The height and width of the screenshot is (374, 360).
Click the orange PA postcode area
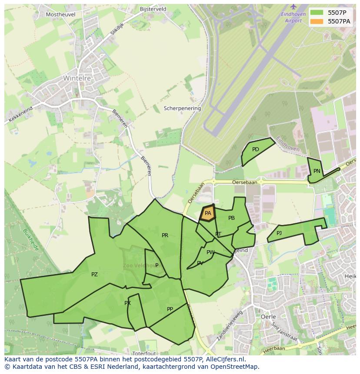pyautogui.click(x=208, y=213)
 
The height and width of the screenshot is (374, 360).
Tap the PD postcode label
pyautogui.click(x=256, y=149)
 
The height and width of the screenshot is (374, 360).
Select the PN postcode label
pyautogui.click(x=317, y=171)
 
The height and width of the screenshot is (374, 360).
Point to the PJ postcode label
pyautogui.click(x=279, y=233)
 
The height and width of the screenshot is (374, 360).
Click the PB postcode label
pyautogui.click(x=231, y=218)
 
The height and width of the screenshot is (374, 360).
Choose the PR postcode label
pyautogui.click(x=165, y=235)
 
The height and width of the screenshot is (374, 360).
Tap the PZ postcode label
pyautogui.click(x=94, y=275)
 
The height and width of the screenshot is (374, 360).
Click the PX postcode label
pyautogui.click(x=127, y=303)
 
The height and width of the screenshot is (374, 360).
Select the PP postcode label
pyautogui.click(x=170, y=309)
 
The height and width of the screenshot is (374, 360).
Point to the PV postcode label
pyautogui.click(x=200, y=263)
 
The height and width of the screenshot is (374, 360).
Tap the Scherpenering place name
pyautogui.click(x=182, y=109)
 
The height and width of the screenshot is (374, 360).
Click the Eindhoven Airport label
pyautogui.click(x=293, y=17)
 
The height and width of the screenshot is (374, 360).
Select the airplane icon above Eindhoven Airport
pyautogui.click(x=293, y=7)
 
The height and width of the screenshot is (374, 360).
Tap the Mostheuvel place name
pyautogui.click(x=60, y=14)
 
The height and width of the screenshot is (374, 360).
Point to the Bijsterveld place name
pyautogui.click(x=153, y=9)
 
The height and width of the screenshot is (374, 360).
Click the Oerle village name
pyautogui.click(x=268, y=317)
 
